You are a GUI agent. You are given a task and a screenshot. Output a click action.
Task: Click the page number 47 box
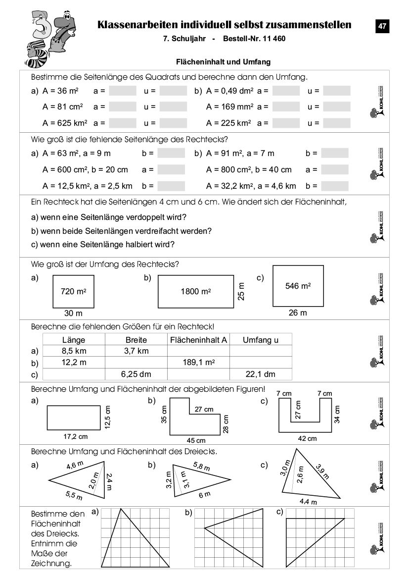pyautogui.click(x=382, y=26)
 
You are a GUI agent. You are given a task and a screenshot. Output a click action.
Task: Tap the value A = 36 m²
pyautogui.click(x=61, y=91)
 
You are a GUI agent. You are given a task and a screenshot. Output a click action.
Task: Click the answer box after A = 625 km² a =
pyautogui.click(x=122, y=123)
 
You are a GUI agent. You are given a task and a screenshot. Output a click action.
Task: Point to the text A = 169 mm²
pyautogui.click(x=230, y=107)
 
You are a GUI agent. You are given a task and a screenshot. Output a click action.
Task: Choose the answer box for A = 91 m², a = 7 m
pyautogui.click(x=334, y=154)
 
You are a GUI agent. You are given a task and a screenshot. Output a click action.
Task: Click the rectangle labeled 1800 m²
pyautogui.click(x=196, y=292)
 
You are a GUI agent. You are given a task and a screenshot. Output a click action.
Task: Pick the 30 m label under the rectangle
pyautogui.click(x=73, y=314)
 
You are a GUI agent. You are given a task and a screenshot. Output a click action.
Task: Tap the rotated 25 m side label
pyautogui.click(x=241, y=292)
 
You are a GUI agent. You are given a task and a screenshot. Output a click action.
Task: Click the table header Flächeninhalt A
pyautogui.click(x=198, y=340)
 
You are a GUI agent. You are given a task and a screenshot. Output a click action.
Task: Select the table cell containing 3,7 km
pyautogui.click(x=136, y=351)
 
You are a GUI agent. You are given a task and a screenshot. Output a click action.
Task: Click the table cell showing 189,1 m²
pyautogui.click(x=198, y=363)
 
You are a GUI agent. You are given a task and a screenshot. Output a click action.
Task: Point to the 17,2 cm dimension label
pyautogui.click(x=75, y=436)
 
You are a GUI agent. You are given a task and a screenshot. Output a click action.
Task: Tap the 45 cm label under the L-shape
pyautogui.click(x=196, y=440)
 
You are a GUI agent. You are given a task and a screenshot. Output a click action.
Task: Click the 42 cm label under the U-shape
pyautogui.click(x=307, y=438)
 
